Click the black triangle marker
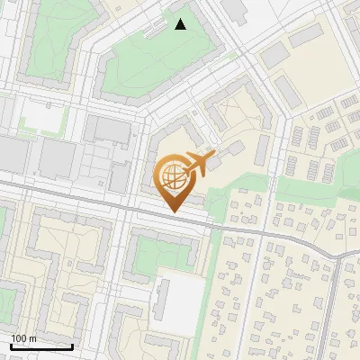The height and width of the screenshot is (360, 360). click(x=181, y=24)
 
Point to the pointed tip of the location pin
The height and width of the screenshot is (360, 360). click(x=173, y=212)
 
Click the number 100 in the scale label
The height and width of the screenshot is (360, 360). click(x=19, y=338)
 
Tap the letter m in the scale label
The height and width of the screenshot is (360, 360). click(x=32, y=338)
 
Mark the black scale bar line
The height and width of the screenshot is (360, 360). click(x=41, y=346)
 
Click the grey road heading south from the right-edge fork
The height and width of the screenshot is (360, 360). click(x=333, y=306)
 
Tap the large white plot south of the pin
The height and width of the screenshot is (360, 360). click(x=180, y=297)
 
